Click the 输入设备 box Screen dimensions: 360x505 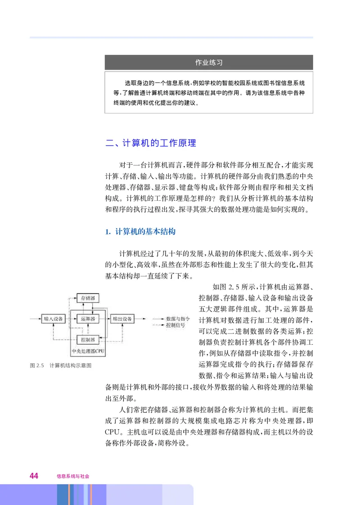click(53, 319)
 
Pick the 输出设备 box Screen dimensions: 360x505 click(122, 319)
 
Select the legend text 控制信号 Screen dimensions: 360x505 click(175, 325)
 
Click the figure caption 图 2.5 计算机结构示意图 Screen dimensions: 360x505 click(61, 365)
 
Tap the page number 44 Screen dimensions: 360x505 click(34, 476)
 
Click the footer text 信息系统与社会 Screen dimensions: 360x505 click(73, 476)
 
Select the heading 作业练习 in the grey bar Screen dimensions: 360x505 click(209, 63)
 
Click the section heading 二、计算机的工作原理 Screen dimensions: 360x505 click(150, 144)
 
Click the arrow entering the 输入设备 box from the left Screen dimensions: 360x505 click(35, 319)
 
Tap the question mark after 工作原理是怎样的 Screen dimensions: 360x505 click(209, 198)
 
